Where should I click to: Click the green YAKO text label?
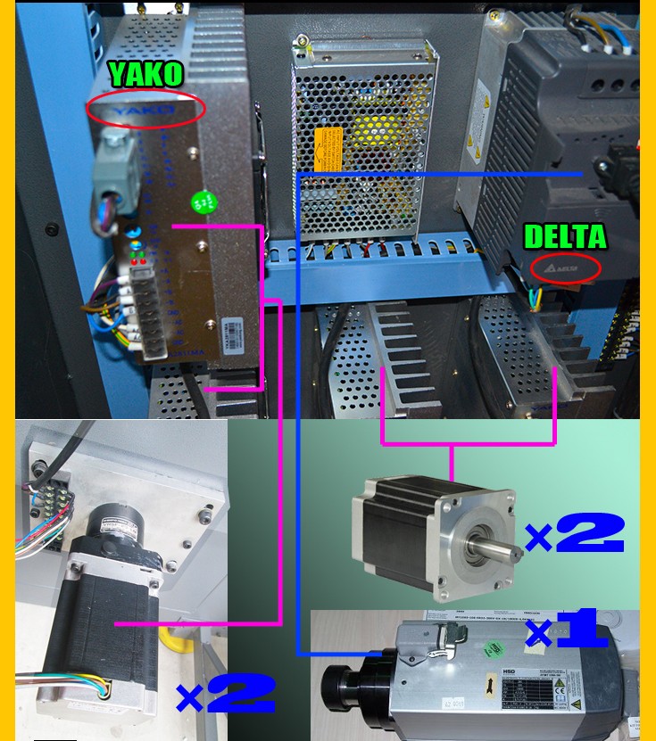click(x=145, y=74)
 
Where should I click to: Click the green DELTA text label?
click(x=565, y=237)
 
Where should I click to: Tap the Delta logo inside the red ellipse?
click(x=565, y=267)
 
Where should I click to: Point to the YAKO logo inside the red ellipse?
click(x=145, y=109)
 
